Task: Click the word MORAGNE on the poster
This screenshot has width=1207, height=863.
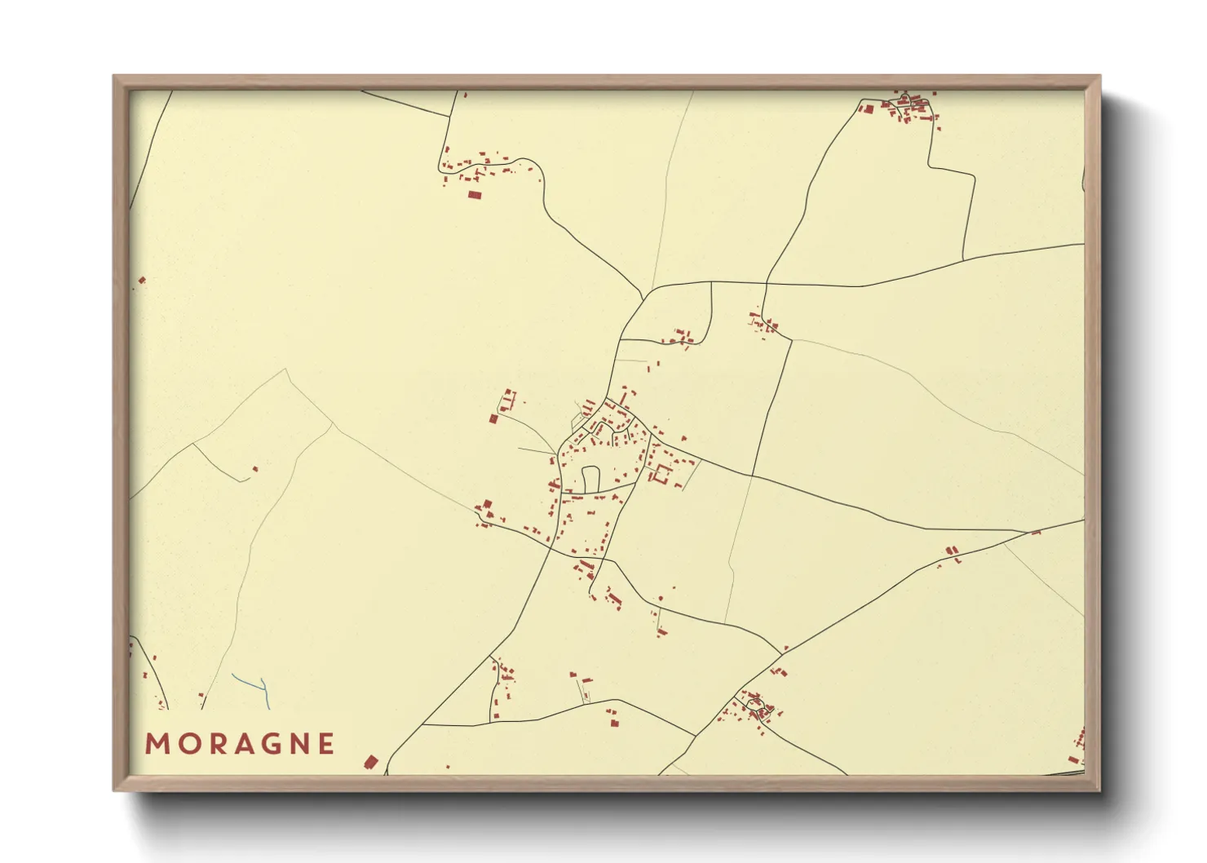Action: (x=240, y=744)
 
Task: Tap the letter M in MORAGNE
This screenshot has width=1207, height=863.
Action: (x=155, y=744)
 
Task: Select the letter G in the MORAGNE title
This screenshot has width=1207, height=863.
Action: (x=268, y=744)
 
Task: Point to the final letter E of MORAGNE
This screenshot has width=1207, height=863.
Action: (x=326, y=744)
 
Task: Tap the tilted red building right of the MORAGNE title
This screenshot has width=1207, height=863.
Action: (x=370, y=763)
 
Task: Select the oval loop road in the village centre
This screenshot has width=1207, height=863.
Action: (x=590, y=478)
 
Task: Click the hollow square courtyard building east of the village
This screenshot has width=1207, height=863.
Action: (x=661, y=474)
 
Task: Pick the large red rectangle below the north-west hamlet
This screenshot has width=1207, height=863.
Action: (x=474, y=194)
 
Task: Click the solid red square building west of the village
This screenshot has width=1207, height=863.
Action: (x=493, y=419)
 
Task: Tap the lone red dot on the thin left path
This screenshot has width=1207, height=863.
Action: (x=255, y=468)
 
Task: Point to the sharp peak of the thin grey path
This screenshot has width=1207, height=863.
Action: (x=285, y=370)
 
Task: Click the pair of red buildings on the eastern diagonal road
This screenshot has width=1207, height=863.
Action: (x=951, y=553)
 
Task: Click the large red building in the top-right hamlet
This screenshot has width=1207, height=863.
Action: (x=868, y=108)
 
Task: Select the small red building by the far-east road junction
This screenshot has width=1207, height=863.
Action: (x=1036, y=533)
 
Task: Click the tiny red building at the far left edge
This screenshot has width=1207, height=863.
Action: (x=142, y=281)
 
